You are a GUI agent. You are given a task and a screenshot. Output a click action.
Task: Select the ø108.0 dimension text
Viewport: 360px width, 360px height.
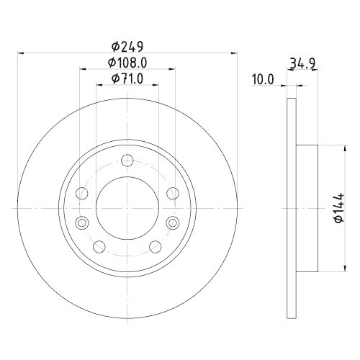coord(127,63)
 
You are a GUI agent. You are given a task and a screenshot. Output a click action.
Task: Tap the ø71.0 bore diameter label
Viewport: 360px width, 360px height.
coord(127,78)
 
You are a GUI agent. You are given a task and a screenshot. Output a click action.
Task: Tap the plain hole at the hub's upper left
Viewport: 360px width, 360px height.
coord(81,193)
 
